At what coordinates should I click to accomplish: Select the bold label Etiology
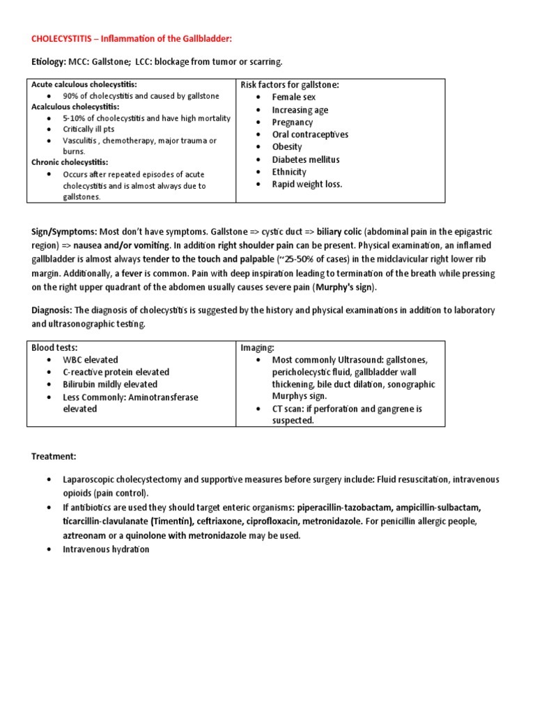[x=47, y=61]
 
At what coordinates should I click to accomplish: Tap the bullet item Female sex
[x=293, y=97]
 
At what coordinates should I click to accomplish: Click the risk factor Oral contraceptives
[x=310, y=134]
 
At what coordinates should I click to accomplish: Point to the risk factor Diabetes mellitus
[x=306, y=159]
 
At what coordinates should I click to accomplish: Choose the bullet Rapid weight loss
[x=307, y=185]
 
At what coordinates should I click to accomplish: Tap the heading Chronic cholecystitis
[x=70, y=162]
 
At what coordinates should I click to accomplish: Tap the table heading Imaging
[x=258, y=347]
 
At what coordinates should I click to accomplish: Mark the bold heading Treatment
[x=54, y=456]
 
